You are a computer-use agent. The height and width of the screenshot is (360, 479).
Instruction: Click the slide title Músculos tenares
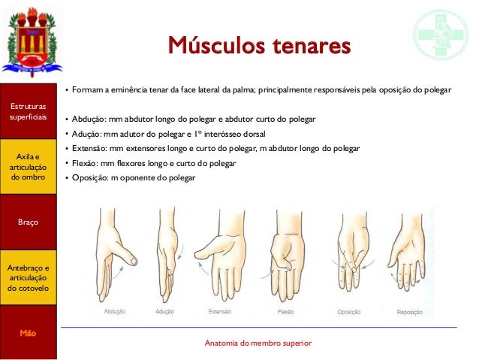[x=259, y=46]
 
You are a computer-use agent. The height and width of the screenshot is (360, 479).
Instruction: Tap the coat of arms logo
[x=30, y=41]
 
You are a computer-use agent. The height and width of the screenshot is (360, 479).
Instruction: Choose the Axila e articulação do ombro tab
[x=29, y=166]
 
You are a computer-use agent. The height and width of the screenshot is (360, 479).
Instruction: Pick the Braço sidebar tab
[x=29, y=222]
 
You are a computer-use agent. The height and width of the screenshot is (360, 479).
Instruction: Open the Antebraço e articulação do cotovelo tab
[x=29, y=277]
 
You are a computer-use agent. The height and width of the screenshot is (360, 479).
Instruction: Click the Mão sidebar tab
[x=29, y=332]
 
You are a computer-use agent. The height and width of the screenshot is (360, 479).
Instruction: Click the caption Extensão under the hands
[x=219, y=311]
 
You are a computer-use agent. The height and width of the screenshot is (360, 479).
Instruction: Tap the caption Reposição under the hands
[x=409, y=312]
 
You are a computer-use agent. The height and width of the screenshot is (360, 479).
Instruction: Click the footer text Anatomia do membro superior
[x=258, y=343]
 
